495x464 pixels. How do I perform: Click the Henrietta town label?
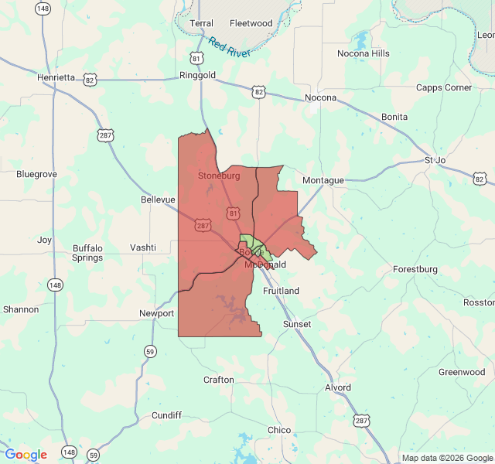pyautogui.click(x=56, y=77)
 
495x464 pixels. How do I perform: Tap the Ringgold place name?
pyautogui.click(x=198, y=76)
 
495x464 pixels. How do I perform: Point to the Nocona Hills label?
pyautogui.click(x=364, y=53)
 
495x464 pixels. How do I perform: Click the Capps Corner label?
pyautogui.click(x=444, y=87)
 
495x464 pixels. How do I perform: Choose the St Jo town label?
pyautogui.click(x=435, y=160)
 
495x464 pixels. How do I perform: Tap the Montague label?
pyautogui.click(x=323, y=180)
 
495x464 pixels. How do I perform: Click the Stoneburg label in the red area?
pyautogui.click(x=219, y=176)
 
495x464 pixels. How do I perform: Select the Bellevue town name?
pyautogui.click(x=159, y=199)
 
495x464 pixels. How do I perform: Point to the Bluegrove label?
pyautogui.click(x=36, y=174)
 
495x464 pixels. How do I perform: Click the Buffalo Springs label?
pyautogui.click(x=87, y=253)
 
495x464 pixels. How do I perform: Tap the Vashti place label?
pyautogui.click(x=143, y=247)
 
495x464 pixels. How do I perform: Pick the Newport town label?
pyautogui.click(x=157, y=313)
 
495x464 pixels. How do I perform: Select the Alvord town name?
pyautogui.click(x=338, y=387)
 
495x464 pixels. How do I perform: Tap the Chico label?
pyautogui.click(x=279, y=430)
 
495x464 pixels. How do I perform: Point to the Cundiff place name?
pyautogui.click(x=166, y=415)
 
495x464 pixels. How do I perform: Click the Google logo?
pyautogui.click(x=26, y=455)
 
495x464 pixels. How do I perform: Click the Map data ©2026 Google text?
pyautogui.click(x=447, y=458)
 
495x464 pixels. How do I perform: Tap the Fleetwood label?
pyautogui.click(x=251, y=23)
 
